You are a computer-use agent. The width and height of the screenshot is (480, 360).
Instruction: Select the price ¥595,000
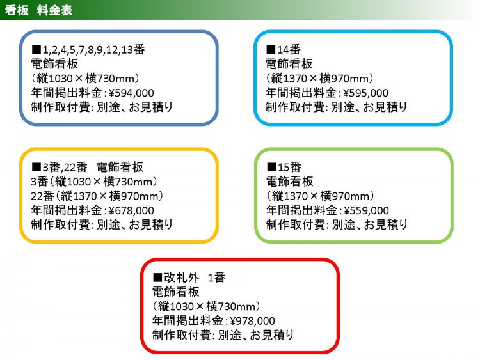(366, 93)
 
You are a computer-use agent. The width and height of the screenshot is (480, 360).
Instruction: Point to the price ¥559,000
(367, 210)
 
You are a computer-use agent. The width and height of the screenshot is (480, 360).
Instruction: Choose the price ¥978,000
(252, 320)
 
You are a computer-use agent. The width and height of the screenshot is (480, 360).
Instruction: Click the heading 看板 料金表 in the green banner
(38, 10)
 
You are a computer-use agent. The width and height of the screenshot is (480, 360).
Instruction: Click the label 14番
(289, 49)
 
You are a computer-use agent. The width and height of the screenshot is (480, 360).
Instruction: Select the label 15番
(289, 167)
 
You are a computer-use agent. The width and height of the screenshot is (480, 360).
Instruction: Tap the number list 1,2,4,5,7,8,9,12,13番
(93, 49)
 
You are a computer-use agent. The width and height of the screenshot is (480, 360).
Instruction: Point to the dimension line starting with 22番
(97, 196)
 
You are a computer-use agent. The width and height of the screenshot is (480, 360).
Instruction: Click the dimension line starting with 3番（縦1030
(94, 182)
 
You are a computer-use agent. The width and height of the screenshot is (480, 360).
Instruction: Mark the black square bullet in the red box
(157, 278)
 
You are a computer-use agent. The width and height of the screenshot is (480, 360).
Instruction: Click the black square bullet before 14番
(271, 49)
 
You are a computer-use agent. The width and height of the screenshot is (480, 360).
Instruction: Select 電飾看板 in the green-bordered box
(289, 182)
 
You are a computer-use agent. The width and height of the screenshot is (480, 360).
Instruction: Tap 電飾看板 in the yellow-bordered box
(120, 167)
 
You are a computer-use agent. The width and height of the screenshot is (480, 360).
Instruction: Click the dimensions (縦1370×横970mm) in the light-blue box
(319, 79)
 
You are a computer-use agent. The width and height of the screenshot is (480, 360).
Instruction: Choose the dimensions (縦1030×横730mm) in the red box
(207, 306)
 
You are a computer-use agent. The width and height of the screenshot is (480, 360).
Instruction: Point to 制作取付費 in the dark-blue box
(61, 107)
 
